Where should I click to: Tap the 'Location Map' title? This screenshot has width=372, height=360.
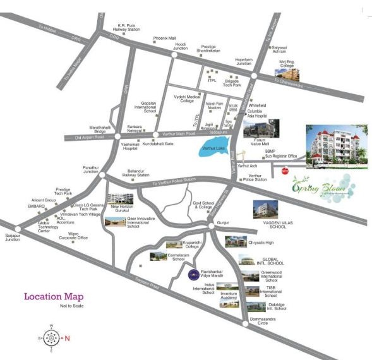(54, 296)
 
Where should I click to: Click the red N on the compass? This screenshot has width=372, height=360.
(67, 337)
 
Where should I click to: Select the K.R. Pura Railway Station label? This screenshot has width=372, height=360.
(124, 28)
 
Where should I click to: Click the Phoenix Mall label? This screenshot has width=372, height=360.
(164, 39)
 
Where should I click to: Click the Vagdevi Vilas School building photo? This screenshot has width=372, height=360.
(264, 209)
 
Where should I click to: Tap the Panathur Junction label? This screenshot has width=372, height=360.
(90, 170)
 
